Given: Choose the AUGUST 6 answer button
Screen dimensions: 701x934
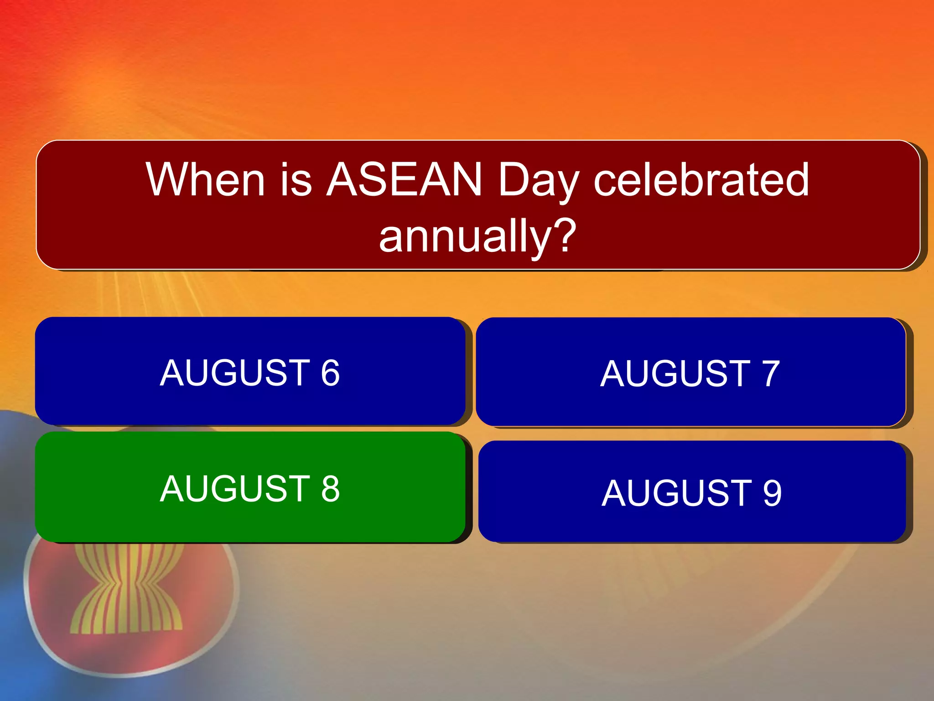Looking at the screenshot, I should tap(250, 371).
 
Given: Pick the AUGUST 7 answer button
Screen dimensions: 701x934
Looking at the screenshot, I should tap(690, 372).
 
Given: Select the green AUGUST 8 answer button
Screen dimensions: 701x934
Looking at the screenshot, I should tap(250, 487).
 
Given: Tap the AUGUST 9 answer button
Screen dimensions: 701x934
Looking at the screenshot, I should tap(692, 492).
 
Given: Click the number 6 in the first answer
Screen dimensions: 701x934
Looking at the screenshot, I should tap(330, 373).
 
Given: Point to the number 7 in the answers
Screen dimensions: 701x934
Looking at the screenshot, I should tap(770, 374).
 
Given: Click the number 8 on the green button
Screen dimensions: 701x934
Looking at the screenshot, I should tap(330, 489).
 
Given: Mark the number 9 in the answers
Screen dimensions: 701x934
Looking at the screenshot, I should tap(772, 493).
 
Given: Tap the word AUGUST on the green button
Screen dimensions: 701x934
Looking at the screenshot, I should tap(235, 488).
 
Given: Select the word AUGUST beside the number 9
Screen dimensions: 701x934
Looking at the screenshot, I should tap(676, 493).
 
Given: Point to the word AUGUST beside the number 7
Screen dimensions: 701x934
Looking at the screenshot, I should tap(675, 374).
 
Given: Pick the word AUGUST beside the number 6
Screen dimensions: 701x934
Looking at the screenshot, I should tap(235, 373).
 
